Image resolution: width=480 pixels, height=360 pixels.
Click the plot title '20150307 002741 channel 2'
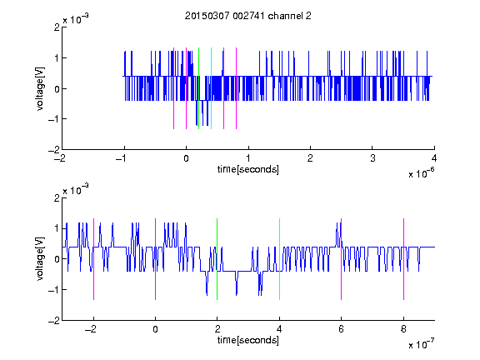coord(248,16)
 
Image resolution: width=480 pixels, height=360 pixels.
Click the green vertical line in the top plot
coord(198,88)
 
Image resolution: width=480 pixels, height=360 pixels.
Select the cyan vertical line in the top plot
coord(211,88)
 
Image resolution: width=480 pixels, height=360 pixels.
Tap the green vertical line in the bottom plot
coord(217,259)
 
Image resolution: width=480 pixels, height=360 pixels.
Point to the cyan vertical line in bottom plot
coord(279,259)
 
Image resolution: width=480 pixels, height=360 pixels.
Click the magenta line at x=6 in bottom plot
coord(342,259)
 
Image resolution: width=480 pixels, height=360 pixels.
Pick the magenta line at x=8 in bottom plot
coord(404,259)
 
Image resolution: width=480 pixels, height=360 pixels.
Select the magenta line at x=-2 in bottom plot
coord(93,259)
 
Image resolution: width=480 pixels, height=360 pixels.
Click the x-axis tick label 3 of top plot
coord(372,158)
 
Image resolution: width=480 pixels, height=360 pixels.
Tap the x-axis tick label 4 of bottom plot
coord(279,329)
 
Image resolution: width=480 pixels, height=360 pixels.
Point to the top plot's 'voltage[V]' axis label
coord(40,88)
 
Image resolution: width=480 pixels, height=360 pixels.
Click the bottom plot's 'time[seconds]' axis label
coord(248,340)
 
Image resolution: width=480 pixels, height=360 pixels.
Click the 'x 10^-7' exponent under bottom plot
coord(422,344)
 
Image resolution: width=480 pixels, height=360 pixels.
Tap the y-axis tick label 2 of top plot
coord(57,27)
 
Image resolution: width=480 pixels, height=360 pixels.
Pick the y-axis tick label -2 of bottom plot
coord(54,321)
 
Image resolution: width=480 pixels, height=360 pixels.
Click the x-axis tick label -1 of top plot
coord(121,158)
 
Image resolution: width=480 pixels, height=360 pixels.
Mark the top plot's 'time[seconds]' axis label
coord(248,169)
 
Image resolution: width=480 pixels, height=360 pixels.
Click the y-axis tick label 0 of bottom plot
coord(57,259)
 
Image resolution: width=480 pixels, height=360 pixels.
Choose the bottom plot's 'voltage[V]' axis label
coord(40,259)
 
